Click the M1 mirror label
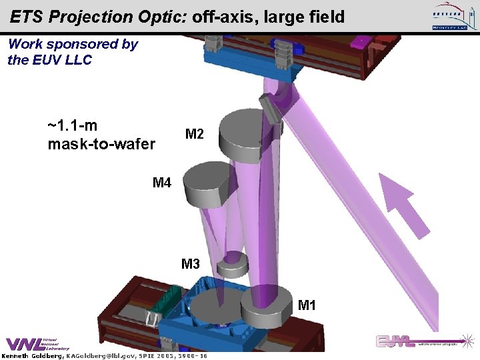tap(307, 306)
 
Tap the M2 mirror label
tap(194, 135)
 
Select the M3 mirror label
tap(191, 264)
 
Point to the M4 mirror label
tap(162, 183)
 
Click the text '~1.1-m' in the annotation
tap(73, 125)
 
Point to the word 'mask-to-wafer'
tap(101, 143)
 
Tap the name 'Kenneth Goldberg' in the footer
tap(31, 356)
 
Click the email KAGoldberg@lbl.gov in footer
tap(99, 356)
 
